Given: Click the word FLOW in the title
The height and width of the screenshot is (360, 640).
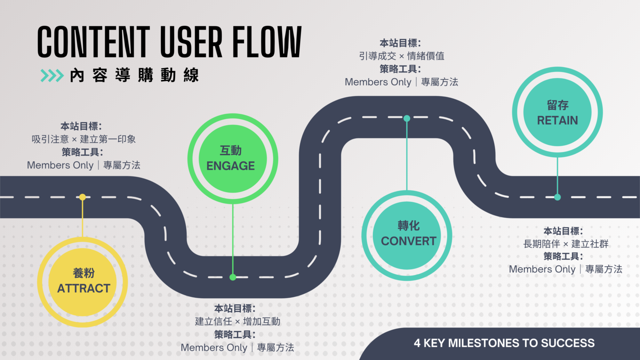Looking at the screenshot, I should click(266, 42).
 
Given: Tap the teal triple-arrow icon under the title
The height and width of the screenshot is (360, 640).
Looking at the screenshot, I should click(52, 76).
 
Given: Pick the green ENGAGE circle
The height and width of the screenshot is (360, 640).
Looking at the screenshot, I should click(232, 159).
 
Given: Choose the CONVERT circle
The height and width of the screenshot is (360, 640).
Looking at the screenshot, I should click(407, 234).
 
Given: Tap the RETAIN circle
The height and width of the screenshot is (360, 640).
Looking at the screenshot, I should click(557, 113).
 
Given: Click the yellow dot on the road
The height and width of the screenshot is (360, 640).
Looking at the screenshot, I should click(83, 197).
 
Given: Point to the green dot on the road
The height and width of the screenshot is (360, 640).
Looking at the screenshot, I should click(232, 277).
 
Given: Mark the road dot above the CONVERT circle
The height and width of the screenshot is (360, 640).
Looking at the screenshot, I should click(407, 118).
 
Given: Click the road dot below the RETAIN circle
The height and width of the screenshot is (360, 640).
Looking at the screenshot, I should click(557, 197).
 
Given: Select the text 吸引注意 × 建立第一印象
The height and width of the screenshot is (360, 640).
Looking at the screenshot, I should click(84, 139).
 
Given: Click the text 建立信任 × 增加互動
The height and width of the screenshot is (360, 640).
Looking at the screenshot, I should click(237, 321).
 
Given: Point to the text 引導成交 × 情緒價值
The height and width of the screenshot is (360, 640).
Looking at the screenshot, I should click(401, 56).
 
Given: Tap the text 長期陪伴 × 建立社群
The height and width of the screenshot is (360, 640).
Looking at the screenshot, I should click(566, 244).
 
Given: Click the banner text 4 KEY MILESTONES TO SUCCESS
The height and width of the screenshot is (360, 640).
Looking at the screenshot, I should click(504, 343).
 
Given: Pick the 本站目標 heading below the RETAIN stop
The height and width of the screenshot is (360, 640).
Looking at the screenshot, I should click(563, 231).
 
